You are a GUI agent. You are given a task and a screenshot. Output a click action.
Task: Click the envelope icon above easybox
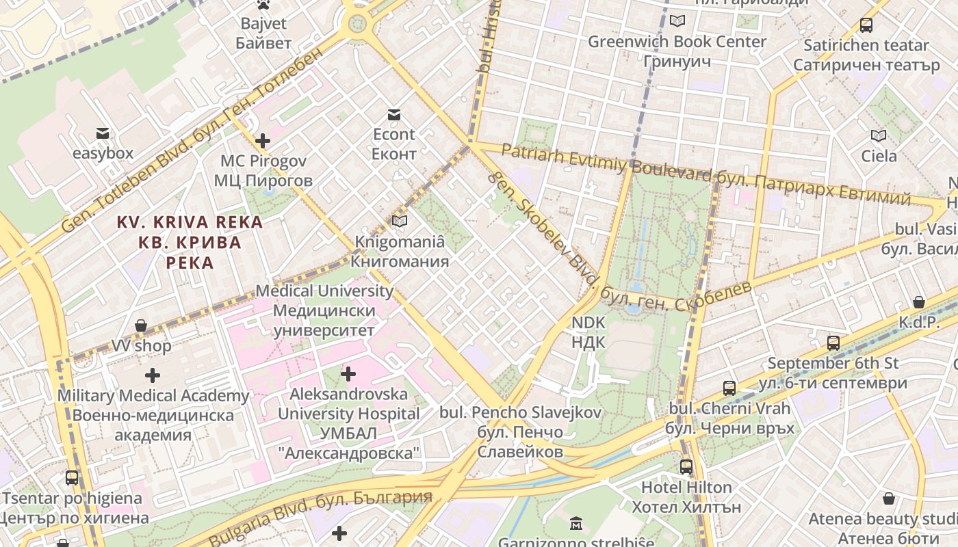coord(102,133)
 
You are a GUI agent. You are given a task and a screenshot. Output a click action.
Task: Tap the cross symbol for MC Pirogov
coord(263,142)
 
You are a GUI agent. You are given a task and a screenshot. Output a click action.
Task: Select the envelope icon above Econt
coord(393,114)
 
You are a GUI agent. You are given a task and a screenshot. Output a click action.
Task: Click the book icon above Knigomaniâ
coord(400,222)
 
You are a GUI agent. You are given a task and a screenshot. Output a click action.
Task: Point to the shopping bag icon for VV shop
coord(141,325)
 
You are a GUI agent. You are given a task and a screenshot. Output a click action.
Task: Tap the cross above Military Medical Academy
coord(153,375)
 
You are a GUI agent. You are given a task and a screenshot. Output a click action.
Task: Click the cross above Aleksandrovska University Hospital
coord(348,374)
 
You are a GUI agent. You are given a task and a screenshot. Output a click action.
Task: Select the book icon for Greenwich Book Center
coord(677,21)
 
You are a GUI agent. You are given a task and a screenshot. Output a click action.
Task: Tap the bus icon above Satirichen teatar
coord(866,25)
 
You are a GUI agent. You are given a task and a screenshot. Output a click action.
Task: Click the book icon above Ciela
coord(879,135)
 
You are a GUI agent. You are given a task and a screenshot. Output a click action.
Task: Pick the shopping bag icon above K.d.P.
coord(919,302)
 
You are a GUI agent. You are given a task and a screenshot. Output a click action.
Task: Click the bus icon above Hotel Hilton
coord(686,467)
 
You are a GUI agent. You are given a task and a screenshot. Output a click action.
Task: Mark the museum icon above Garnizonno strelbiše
coord(576,524)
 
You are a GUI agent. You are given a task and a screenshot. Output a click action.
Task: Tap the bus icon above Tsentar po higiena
coord(72,478)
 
